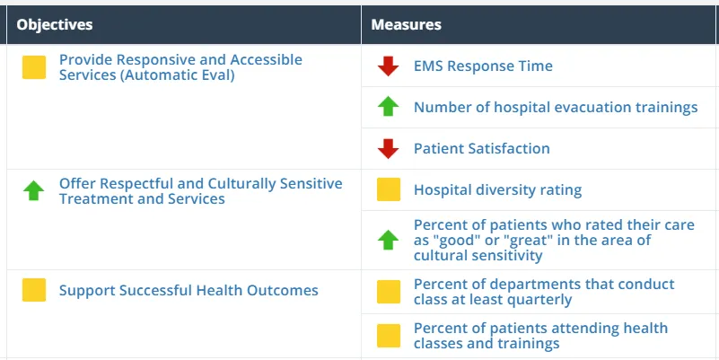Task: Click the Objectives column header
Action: click(x=54, y=24)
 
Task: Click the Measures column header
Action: click(x=406, y=24)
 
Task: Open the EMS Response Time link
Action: click(x=483, y=66)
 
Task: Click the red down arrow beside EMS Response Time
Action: click(x=388, y=66)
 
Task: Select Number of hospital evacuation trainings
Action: click(x=555, y=108)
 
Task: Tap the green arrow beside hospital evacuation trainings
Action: click(x=388, y=107)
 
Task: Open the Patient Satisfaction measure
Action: click(x=481, y=149)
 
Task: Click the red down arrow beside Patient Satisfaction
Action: click(x=388, y=148)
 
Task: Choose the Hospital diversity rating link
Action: click(x=497, y=190)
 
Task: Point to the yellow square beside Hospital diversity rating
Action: click(x=388, y=189)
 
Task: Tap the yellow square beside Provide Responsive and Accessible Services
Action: click(x=34, y=67)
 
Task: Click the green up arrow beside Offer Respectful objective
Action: click(x=34, y=190)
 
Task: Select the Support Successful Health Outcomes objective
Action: click(x=189, y=291)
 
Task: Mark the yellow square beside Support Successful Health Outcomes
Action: click(x=34, y=290)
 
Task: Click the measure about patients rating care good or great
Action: click(x=553, y=240)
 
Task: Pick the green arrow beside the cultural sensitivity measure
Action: click(x=388, y=240)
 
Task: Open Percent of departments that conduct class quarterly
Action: click(x=543, y=292)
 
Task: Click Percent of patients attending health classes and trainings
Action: click(x=540, y=336)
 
